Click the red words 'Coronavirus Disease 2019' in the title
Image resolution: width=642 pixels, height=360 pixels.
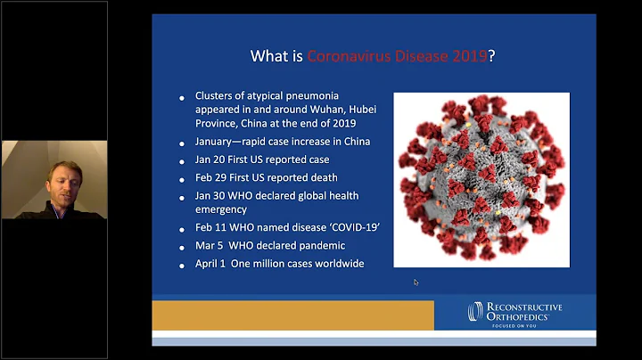[397, 56]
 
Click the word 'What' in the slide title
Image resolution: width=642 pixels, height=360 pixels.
[268, 56]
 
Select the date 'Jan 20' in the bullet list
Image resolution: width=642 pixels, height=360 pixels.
[210, 160]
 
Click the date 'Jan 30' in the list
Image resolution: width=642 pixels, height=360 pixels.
[210, 195]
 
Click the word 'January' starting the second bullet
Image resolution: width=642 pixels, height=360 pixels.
[217, 142]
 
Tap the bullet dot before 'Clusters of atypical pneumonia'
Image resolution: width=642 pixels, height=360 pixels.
[185, 97]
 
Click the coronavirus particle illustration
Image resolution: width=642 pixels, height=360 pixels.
[481, 178]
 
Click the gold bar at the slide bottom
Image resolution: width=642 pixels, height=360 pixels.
[292, 315]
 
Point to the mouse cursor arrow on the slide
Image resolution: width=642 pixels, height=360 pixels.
[416, 282]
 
